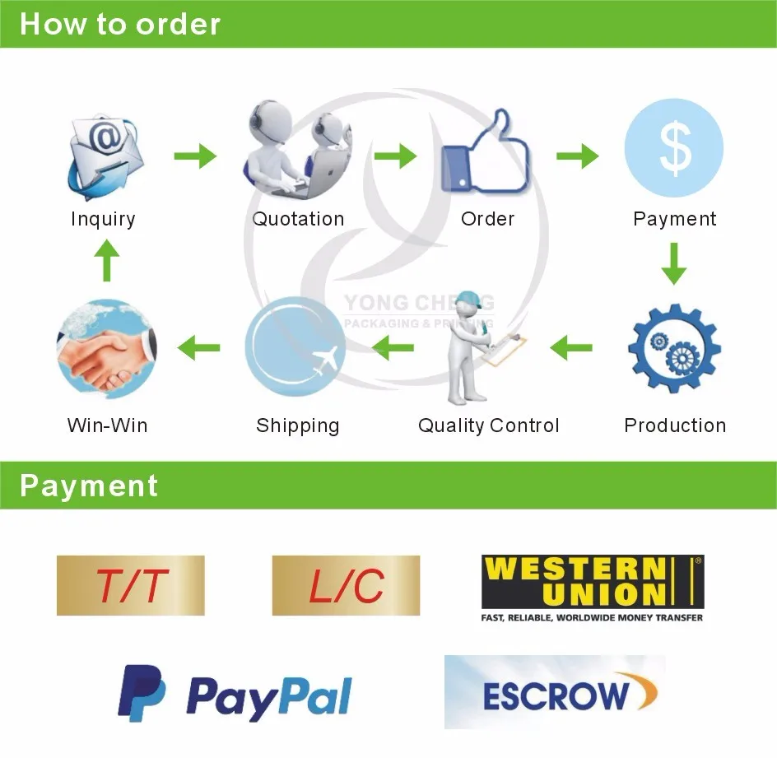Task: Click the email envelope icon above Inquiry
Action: [x=105, y=156]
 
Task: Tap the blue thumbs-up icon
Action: [x=485, y=151]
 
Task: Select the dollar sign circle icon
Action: [x=673, y=148]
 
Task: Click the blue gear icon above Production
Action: [x=674, y=348]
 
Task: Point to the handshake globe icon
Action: [x=107, y=348]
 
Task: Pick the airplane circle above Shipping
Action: [x=295, y=346]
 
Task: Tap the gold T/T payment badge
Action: [x=131, y=586]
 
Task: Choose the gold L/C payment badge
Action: [x=346, y=586]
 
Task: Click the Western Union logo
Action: [x=593, y=588]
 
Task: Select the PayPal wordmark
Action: [x=269, y=697]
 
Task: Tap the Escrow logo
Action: [x=555, y=692]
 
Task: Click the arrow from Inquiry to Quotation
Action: [x=195, y=156]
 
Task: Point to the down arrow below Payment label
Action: [x=674, y=263]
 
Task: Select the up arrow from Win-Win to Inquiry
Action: [x=106, y=260]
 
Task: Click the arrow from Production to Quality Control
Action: [x=571, y=348]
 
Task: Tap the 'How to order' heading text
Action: [x=120, y=24]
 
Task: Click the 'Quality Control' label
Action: [x=489, y=426]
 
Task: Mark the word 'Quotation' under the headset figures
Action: [x=298, y=219]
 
